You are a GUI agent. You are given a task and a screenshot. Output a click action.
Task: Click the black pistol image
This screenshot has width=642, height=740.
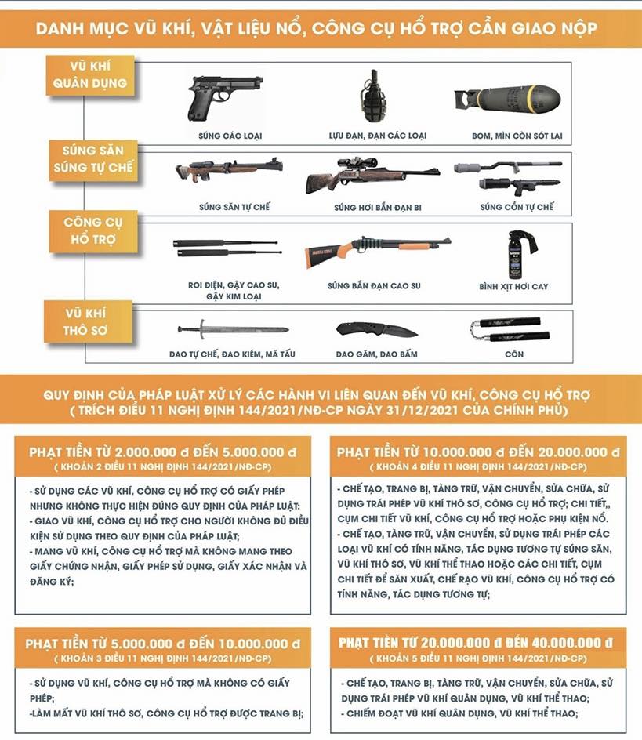214,97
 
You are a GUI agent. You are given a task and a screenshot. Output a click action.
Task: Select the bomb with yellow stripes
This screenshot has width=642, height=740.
507,99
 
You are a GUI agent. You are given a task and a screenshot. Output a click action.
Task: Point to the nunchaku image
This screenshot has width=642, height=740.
504,328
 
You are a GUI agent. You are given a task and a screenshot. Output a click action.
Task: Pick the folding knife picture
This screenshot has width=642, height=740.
376,330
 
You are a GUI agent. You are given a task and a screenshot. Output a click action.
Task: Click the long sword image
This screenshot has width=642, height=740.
233,329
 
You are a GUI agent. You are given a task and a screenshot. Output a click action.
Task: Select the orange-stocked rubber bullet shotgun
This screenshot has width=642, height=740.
377,249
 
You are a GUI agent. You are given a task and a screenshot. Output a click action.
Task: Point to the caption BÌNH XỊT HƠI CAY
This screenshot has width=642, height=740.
513,287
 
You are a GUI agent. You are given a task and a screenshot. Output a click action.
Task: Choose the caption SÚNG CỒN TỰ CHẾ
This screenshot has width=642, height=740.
517,207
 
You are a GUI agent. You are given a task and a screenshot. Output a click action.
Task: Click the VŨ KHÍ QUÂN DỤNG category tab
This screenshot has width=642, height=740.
90,75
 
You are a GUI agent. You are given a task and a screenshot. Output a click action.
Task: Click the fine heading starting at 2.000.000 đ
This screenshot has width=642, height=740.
161,452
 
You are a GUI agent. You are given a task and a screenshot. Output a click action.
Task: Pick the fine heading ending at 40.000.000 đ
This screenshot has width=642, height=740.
477,643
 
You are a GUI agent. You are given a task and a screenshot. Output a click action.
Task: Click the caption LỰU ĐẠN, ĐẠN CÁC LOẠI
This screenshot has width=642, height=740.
377,136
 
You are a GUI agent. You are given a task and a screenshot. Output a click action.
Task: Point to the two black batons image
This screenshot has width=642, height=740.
226,248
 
